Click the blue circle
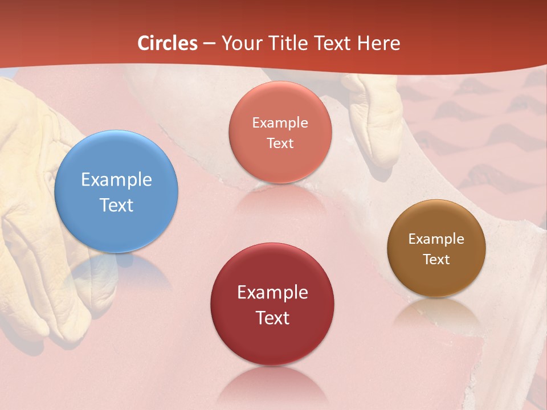(116, 191)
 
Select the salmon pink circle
(280, 132)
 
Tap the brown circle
(436, 248)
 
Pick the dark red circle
(272, 304)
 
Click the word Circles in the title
(168, 43)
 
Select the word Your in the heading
(240, 43)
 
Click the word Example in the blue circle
(116, 180)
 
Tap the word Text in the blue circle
(116, 205)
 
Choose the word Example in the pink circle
(280, 122)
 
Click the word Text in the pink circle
(280, 143)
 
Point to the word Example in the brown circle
(436, 239)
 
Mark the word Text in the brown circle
(436, 260)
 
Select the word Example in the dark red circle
(272, 293)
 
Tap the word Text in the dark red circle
(272, 318)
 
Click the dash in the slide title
(209, 44)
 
